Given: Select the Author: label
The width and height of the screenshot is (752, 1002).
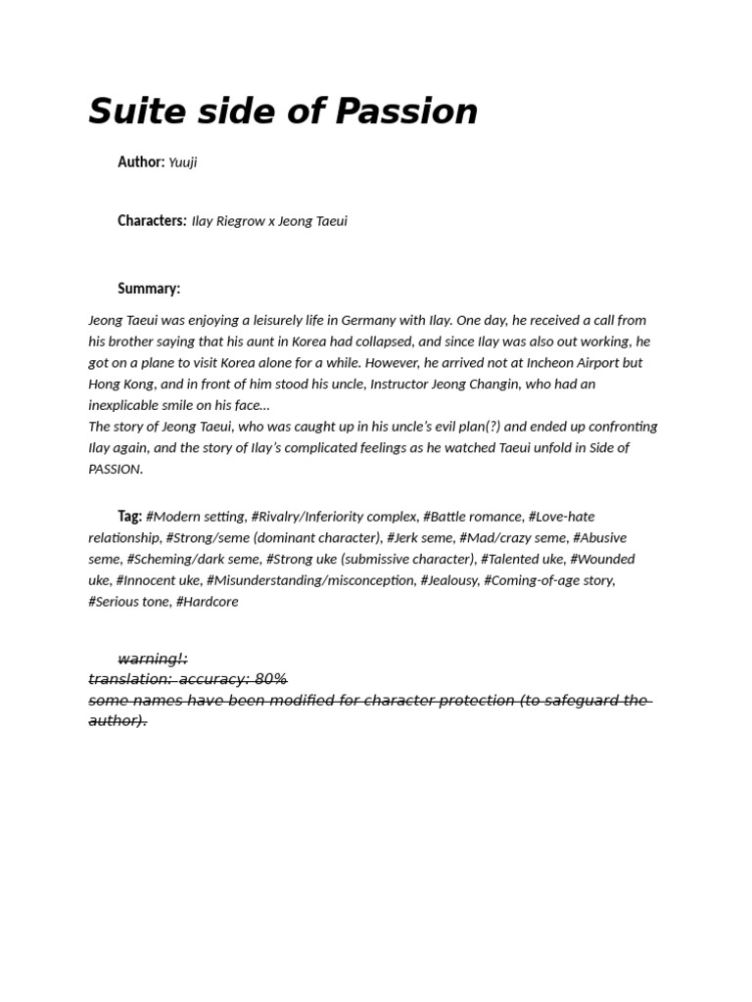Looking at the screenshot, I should [141, 162].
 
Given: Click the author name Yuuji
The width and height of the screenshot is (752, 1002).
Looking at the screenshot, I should [183, 162].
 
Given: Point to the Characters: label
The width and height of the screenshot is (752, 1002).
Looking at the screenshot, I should [152, 221].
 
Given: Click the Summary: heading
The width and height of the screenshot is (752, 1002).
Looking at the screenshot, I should [149, 289].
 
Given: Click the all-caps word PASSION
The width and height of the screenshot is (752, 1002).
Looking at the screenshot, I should [115, 470].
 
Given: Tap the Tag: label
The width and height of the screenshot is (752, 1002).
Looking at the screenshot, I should [129, 517].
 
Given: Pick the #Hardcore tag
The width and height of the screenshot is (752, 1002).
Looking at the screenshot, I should [206, 602].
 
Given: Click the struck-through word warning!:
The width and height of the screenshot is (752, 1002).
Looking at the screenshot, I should [153, 659].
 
